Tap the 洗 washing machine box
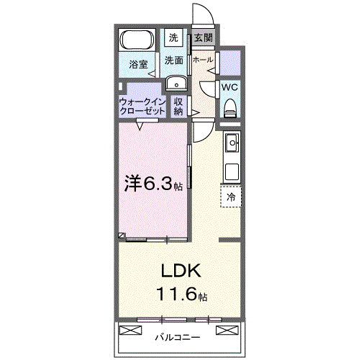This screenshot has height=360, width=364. pyautogui.click(x=173, y=37)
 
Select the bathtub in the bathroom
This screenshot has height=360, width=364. pyautogui.click(x=137, y=40)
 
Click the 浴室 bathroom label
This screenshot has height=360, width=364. pyautogui.click(x=138, y=64)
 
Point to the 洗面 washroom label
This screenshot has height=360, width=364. pyautogui.click(x=173, y=60)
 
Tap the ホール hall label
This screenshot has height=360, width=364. pyautogui.click(x=202, y=60)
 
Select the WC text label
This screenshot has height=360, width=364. pyautogui.click(x=229, y=87)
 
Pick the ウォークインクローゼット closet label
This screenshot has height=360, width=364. pyautogui.click(x=143, y=107)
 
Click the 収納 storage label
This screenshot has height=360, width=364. pyautogui.click(x=179, y=107)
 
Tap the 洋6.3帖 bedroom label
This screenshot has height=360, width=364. pyautogui.click(x=153, y=184)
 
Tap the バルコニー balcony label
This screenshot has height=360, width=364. pyautogui.click(x=178, y=336)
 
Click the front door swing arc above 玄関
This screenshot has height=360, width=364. pyautogui.click(x=201, y=16)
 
